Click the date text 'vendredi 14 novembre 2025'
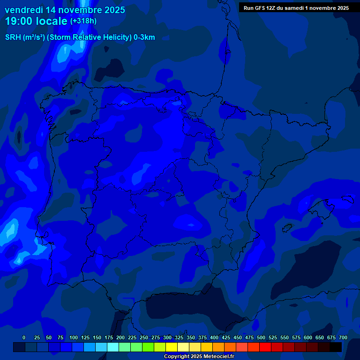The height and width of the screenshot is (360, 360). [65, 10]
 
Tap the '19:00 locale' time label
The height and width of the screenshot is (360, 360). [36, 22]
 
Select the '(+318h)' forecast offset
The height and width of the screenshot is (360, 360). [83, 21]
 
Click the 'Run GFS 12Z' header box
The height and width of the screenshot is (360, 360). [296, 8]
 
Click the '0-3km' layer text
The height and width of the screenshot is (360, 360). [144, 37]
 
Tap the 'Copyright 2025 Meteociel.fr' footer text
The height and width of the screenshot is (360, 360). [199, 356]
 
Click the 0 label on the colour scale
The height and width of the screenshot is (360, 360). [24, 338]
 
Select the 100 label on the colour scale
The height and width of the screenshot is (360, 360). [73, 338]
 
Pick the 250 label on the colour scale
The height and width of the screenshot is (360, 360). [143, 338]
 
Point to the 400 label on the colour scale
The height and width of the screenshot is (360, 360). [214, 338]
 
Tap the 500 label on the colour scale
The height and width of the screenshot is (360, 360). [261, 338]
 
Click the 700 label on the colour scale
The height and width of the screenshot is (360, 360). [343, 338]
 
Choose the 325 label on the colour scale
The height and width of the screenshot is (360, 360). [179, 338]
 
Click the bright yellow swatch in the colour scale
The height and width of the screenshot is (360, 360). [172, 347]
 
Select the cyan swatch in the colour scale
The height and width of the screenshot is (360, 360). [113, 347]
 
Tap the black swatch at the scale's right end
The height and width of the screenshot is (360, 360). [336, 347]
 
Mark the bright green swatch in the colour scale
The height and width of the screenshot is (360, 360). [148, 347]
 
